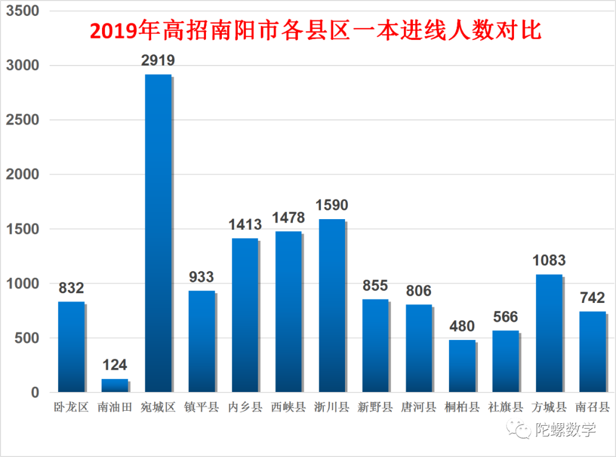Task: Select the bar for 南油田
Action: tap(115, 385)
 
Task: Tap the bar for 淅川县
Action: tap(332, 305)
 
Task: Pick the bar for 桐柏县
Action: tap(462, 366)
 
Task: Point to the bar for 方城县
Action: tap(549, 333)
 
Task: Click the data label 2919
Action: tap(158, 60)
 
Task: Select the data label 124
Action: tap(115, 365)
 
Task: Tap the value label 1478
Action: tap(288, 217)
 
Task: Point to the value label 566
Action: tap(505, 317)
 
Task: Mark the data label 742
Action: tap(592, 297)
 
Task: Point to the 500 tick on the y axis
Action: tap(27, 338)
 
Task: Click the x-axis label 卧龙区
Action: tap(71, 407)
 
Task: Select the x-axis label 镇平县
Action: tap(201, 407)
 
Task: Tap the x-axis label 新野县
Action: tap(375, 407)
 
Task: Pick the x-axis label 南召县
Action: tap(592, 407)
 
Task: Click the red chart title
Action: tap(315, 30)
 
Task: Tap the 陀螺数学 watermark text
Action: tap(565, 429)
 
